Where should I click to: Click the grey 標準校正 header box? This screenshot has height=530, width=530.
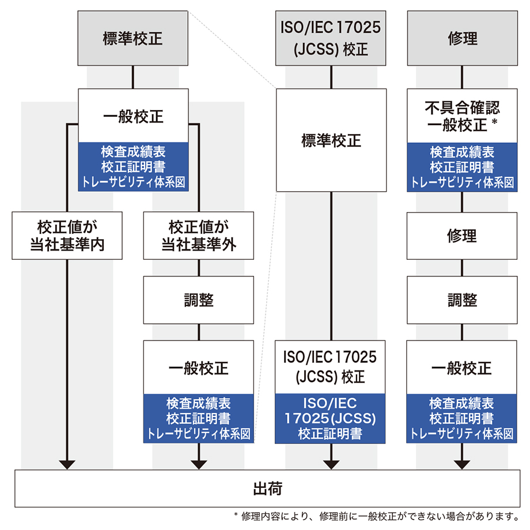[132, 38]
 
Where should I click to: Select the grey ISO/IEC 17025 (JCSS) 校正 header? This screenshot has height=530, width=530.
[331, 38]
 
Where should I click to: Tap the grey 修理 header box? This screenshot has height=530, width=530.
[463, 38]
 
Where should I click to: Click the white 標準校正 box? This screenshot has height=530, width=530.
[331, 140]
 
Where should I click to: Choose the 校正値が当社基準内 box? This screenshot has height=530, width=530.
[67, 235]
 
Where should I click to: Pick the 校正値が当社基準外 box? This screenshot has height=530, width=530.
[199, 235]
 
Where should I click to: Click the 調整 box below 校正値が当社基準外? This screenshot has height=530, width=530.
[199, 300]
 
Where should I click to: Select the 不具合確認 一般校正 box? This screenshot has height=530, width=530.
[463, 116]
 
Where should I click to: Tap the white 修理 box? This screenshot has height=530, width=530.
[463, 235]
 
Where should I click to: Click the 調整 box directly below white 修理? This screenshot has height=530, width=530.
[463, 300]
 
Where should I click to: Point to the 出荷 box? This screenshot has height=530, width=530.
[267, 489]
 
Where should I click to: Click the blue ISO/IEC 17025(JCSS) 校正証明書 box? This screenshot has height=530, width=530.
[331, 418]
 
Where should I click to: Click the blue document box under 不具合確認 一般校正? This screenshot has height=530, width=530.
[463, 167]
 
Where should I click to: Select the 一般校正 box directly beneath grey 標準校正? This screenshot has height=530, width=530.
[133, 116]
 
